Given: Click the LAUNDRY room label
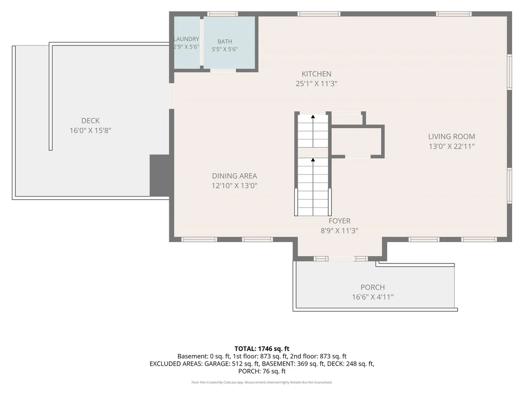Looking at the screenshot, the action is [186, 39].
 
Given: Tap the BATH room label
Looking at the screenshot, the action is [225, 42].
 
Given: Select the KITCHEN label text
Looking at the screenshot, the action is [316, 74].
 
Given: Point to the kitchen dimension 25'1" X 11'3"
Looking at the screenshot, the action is [316, 84].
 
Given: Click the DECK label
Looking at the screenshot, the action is [90, 121].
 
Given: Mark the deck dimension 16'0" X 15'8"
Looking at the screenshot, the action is [90, 131].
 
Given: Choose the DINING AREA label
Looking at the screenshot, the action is [235, 176].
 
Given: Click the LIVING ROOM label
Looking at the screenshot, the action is [452, 136].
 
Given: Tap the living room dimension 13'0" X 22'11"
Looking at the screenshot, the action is [452, 146].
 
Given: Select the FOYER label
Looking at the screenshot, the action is [340, 221].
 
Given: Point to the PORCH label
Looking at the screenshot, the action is [373, 287].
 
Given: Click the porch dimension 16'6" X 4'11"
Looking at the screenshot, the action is [373, 297].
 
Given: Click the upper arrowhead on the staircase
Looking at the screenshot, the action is [313, 117].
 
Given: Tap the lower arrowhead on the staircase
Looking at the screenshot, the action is [313, 160].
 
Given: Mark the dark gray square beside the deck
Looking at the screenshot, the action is [159, 175].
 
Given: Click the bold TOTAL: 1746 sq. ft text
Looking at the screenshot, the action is [262, 349].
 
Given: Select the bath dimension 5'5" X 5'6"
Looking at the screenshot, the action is [225, 50].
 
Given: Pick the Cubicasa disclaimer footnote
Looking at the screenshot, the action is [262, 382].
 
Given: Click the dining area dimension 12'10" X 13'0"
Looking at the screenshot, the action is [235, 185].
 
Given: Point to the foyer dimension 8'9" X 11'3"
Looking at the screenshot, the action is [340, 231].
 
